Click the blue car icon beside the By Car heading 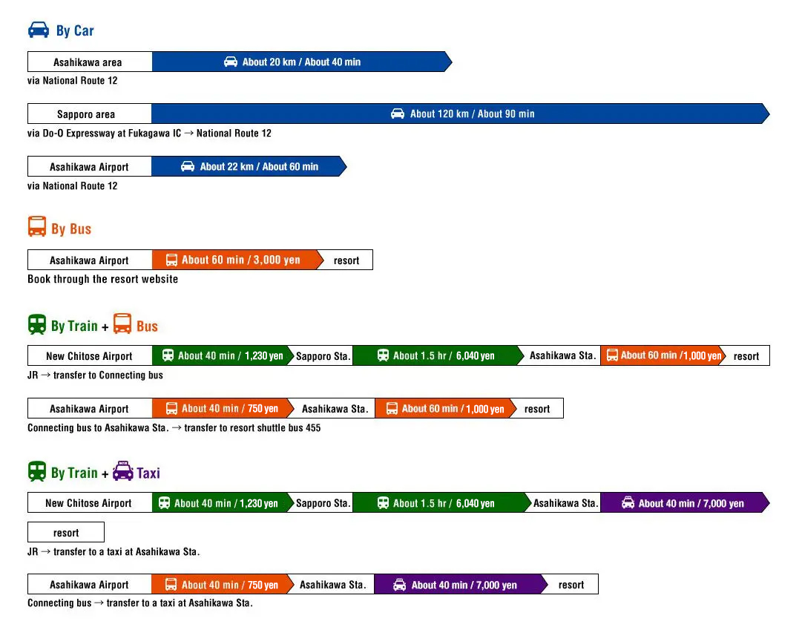[x=39, y=30]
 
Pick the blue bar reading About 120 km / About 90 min [x=460, y=114]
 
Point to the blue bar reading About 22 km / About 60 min [x=249, y=167]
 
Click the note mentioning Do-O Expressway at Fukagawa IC [x=149, y=134]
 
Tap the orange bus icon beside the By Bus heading [x=37, y=227]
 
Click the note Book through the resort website [x=102, y=279]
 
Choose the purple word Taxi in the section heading [x=148, y=473]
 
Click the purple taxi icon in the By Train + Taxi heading [x=123, y=472]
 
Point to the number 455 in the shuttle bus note [x=312, y=428]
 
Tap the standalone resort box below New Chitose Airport [x=66, y=533]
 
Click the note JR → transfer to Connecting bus [x=95, y=375]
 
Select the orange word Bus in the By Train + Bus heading [x=147, y=326]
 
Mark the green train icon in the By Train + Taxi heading [x=37, y=472]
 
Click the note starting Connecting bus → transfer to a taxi [x=140, y=603]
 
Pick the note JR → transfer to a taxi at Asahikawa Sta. [x=114, y=552]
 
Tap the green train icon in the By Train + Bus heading [x=37, y=325]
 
